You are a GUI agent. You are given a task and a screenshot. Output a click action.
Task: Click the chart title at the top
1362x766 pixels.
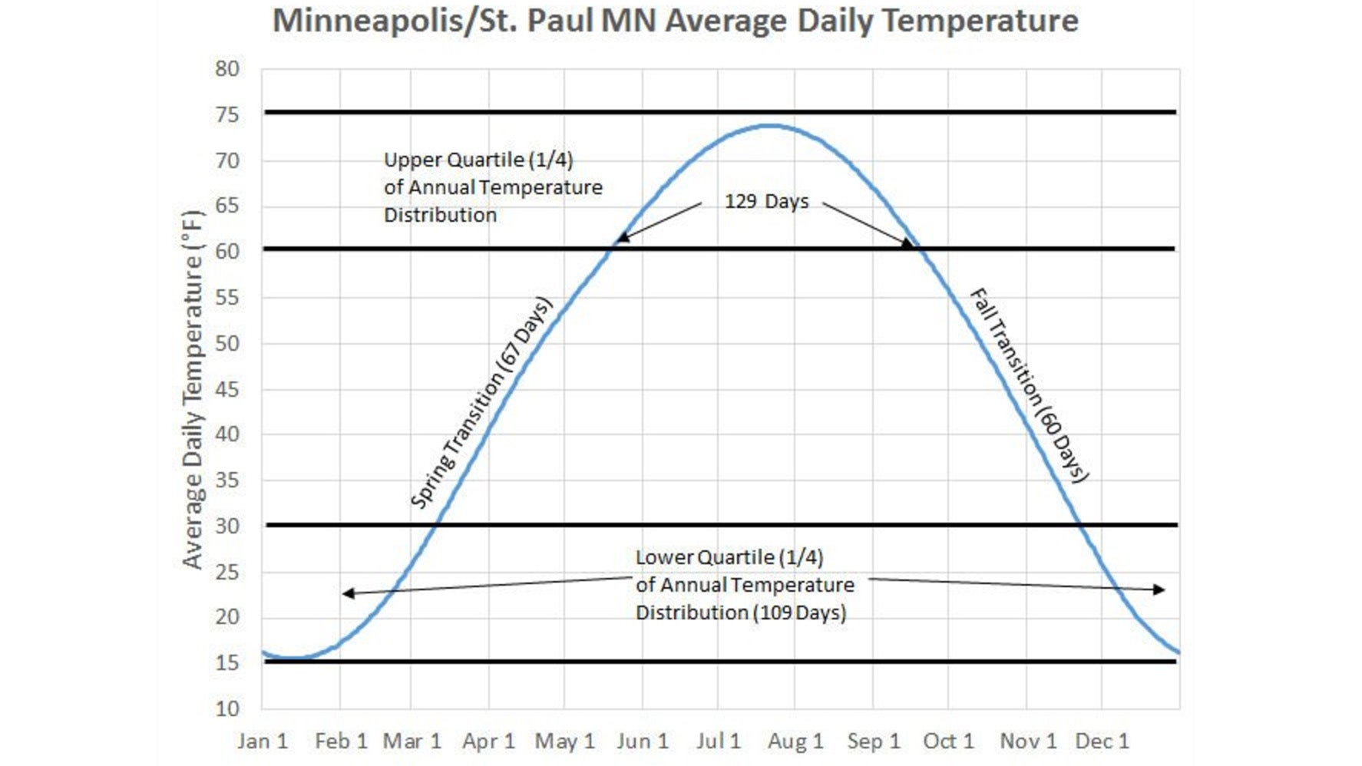coord(676,21)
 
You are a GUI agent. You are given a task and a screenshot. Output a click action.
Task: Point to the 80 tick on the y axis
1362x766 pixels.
coord(227,69)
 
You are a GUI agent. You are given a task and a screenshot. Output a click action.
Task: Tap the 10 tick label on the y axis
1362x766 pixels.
coord(227,708)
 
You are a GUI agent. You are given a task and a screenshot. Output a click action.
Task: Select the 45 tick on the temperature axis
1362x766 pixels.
coord(227,389)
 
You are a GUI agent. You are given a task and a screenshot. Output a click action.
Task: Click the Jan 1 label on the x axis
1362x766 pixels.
coord(263,741)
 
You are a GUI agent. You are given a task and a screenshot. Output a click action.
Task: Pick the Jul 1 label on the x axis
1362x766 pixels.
coord(719,741)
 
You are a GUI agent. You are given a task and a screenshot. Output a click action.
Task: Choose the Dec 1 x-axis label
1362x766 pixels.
coord(1102,741)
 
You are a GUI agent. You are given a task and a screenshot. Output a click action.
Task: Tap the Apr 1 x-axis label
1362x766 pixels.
coord(488,741)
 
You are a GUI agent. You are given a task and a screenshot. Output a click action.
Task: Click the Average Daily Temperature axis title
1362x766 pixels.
coord(193,389)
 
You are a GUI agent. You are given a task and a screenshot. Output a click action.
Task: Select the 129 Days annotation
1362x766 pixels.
coord(766,202)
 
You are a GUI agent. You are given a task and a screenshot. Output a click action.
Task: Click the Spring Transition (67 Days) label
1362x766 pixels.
coord(481,404)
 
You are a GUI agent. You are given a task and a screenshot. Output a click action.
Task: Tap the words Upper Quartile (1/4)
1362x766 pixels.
coord(478,160)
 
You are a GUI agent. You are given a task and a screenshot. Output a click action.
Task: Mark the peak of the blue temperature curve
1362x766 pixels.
coord(769,125)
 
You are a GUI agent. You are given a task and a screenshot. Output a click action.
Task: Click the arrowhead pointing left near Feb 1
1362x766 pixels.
coord(347,593)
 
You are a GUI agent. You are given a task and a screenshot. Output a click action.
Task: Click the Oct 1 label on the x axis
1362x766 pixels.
coord(948,741)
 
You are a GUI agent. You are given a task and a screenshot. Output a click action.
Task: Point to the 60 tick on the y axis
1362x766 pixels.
coord(227,252)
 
